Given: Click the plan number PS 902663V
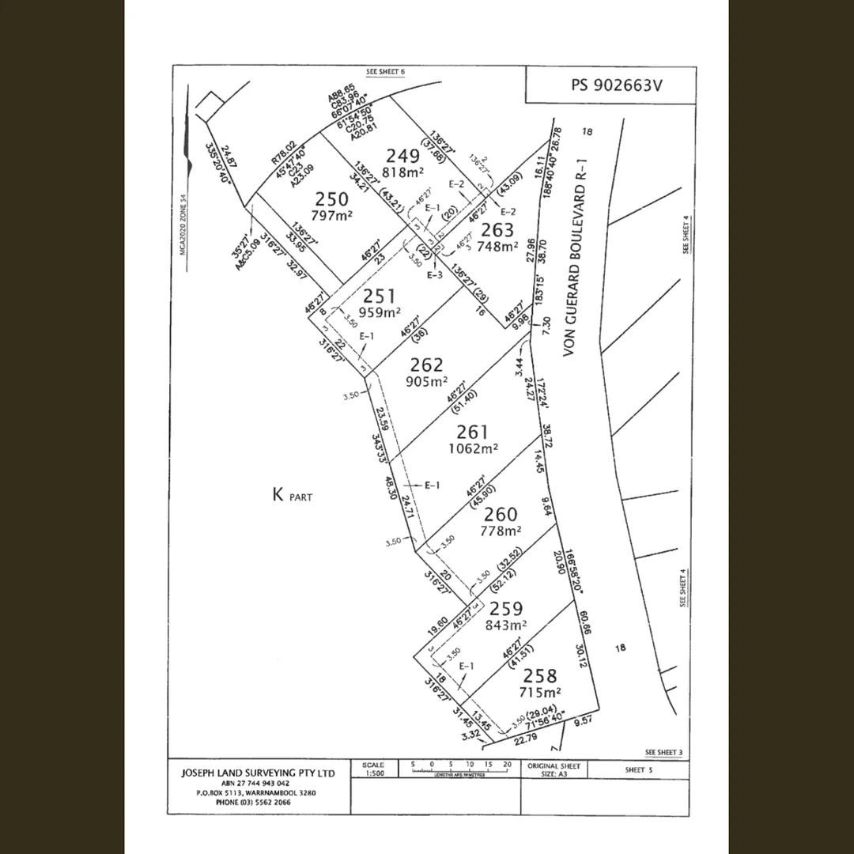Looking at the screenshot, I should tap(610, 85).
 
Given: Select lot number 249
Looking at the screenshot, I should tap(401, 154).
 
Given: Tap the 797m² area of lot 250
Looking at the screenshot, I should tap(333, 215).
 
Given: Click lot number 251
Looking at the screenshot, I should tap(380, 297).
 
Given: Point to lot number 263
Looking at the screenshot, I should tap(497, 230).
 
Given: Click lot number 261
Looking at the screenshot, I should tap(473, 432).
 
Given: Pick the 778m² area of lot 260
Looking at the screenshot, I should tap(501, 531).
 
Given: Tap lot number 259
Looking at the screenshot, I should tap(506, 608).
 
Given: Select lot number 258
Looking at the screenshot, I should tap(540, 676).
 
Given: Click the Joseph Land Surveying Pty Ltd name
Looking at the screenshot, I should tap(259, 772).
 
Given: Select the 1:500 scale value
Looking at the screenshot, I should tap(373, 774).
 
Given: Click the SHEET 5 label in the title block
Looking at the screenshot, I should tap(635, 769).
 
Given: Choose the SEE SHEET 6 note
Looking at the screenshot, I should tap(385, 72).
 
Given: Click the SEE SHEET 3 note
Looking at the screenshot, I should tap(663, 752).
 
